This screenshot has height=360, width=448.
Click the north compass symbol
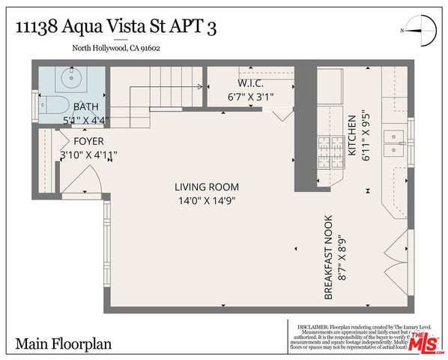pos(419,31)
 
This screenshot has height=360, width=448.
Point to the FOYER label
pos(88,141)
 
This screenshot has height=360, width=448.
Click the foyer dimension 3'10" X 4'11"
pos(88,154)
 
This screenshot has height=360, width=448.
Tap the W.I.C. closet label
pos(249,83)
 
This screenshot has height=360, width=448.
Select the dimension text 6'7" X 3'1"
pos(249,97)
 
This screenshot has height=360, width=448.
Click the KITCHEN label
pos(350,135)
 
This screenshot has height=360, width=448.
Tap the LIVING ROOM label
pos(207,187)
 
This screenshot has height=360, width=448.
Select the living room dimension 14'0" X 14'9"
pos(207,201)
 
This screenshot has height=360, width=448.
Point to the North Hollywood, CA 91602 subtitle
pos(115,50)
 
